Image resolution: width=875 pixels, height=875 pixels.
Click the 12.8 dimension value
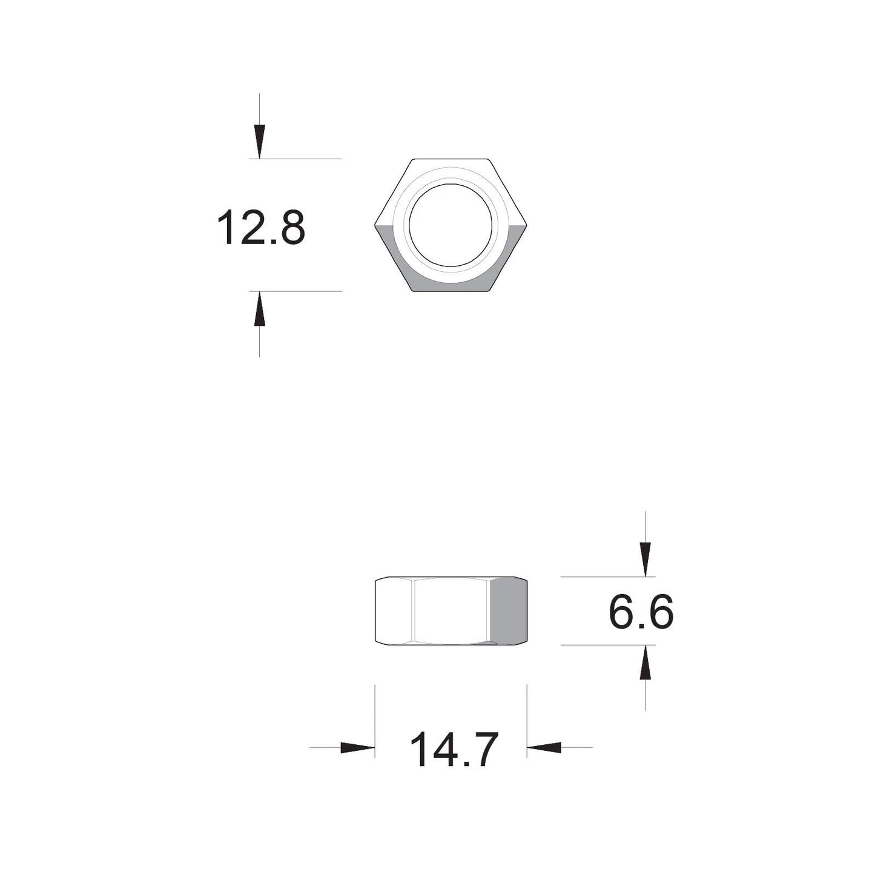[260, 227]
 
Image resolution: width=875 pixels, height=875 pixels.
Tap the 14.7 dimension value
[454, 750]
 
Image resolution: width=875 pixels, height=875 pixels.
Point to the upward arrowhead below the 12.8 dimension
[260, 309]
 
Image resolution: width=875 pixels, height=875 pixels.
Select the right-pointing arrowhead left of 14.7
[357, 747]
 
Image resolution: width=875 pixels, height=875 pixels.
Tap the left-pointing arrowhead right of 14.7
[544, 747]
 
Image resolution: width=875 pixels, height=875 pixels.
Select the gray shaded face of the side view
[508, 610]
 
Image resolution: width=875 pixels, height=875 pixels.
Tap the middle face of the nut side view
[451, 610]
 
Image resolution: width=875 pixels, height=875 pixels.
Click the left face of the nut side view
[394, 610]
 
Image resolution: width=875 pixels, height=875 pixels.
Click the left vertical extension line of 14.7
[375, 721]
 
